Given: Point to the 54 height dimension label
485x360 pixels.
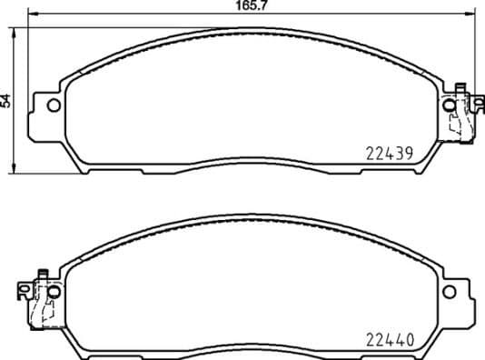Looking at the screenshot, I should pos(6,101).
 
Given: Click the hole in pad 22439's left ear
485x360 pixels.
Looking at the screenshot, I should pos(53,105).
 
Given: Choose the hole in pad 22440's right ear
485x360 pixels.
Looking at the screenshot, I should pos(451,292).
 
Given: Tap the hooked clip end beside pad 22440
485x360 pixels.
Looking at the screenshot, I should pos(23,290).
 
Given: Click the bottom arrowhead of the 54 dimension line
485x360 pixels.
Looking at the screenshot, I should pos(15,169).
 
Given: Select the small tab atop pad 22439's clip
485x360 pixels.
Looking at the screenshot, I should pos(460,88).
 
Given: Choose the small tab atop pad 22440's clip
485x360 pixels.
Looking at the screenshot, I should pos(41,273).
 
